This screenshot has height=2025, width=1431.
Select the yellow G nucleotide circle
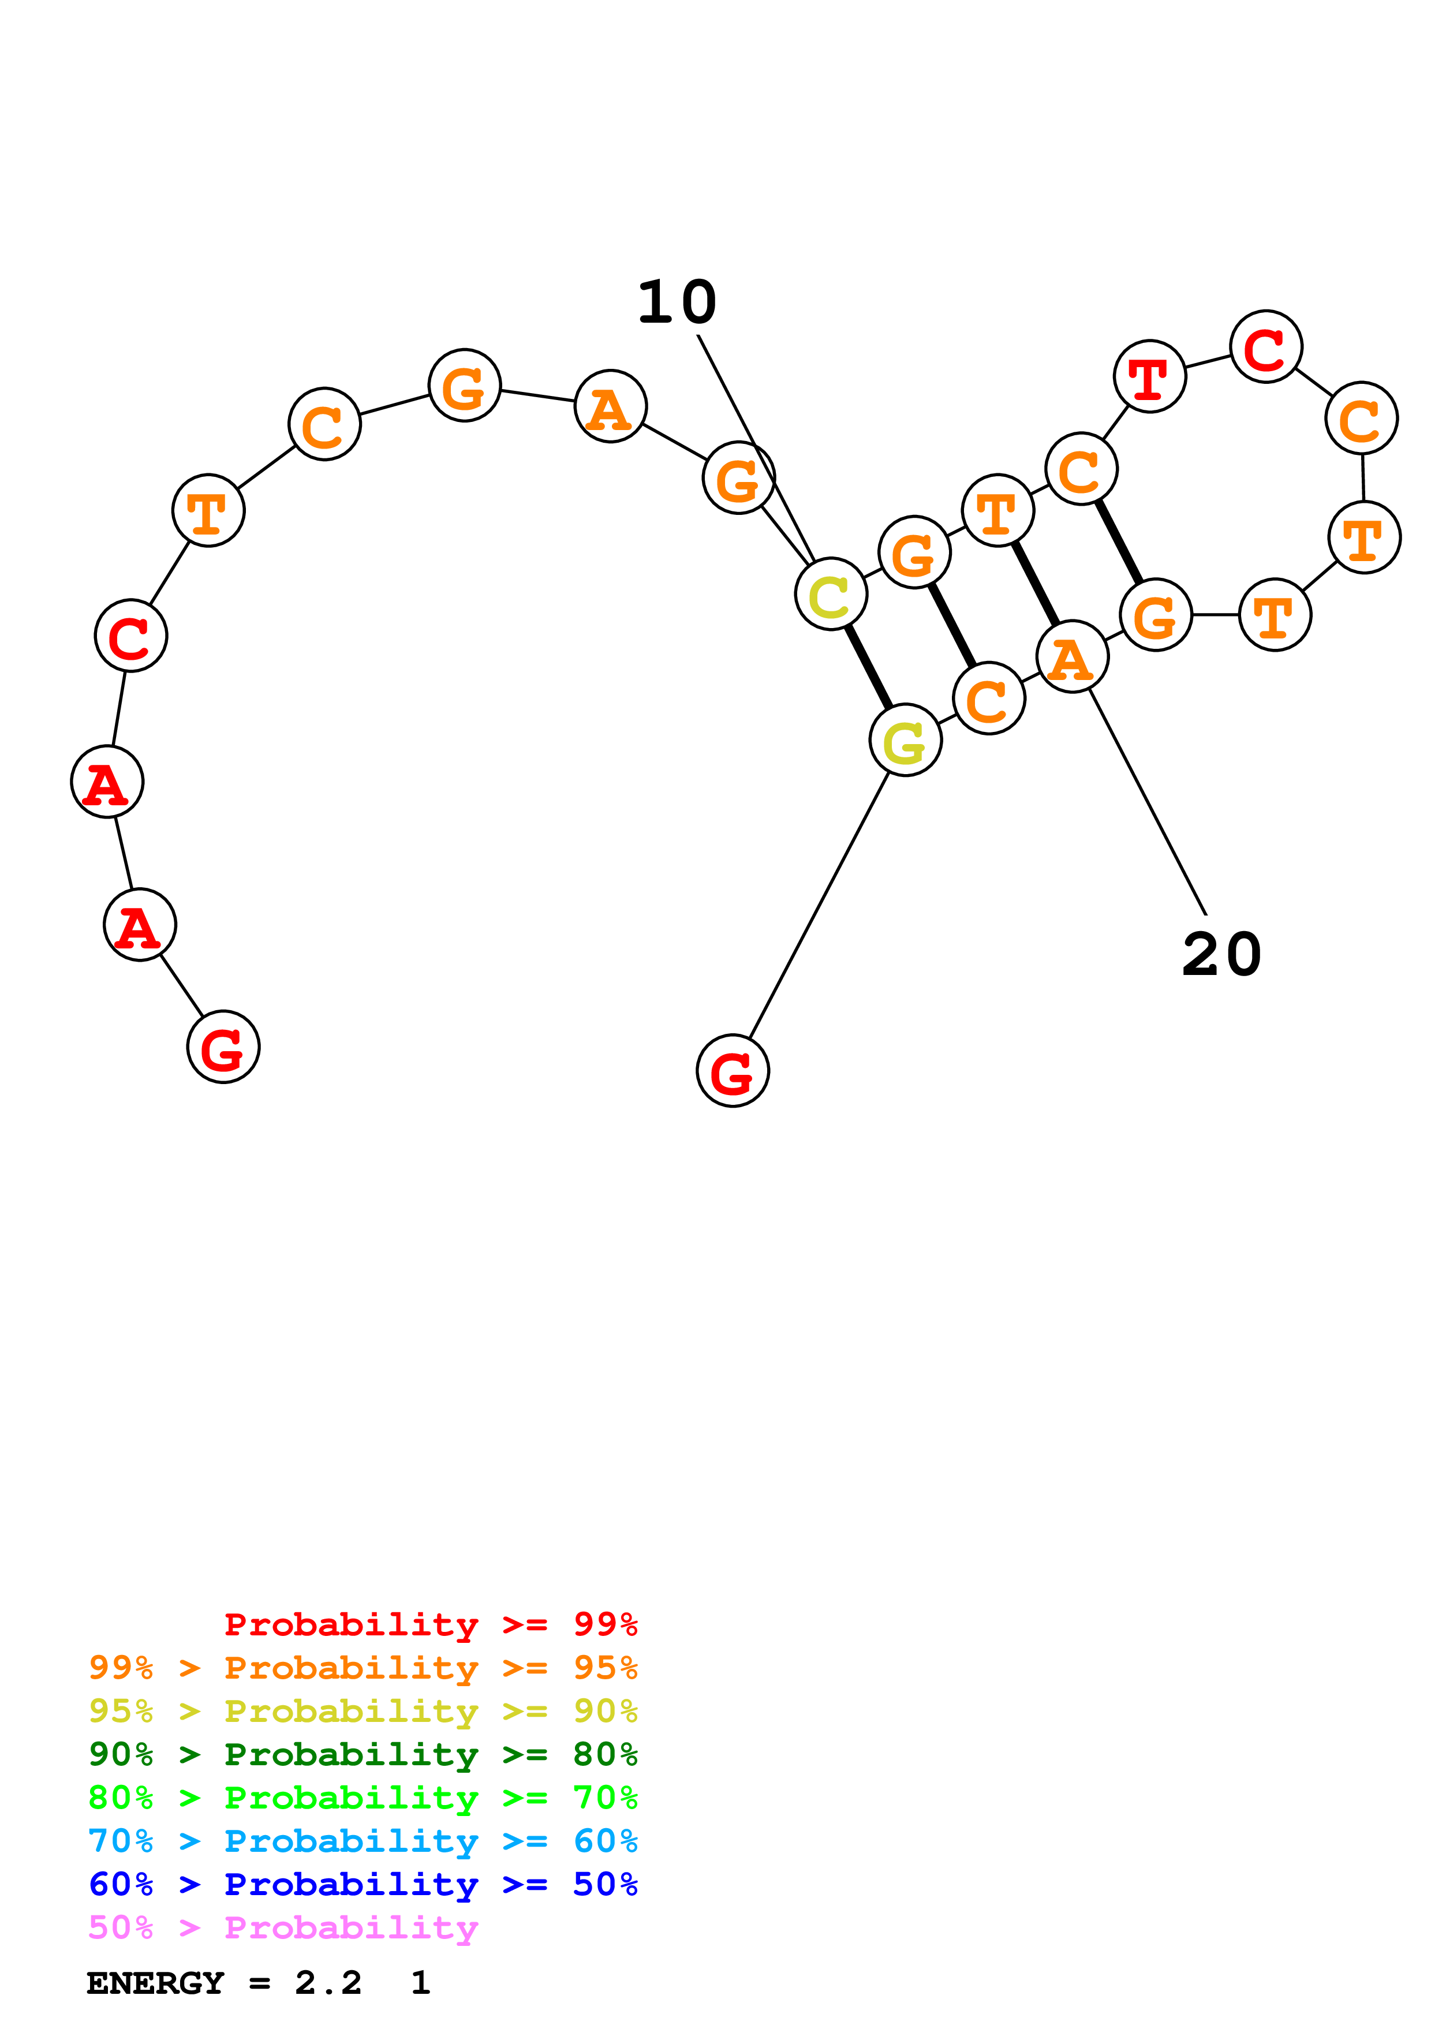906,740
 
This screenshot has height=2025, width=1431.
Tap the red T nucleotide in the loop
1150,376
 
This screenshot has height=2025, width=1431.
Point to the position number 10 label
677,302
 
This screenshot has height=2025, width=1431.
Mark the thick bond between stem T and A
1035,584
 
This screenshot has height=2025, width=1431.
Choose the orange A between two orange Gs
610,406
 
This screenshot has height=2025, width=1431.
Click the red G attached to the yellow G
733,1071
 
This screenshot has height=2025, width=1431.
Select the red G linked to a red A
223,1047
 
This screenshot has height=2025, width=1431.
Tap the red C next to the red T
1266,346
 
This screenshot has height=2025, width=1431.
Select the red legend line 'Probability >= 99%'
430,1624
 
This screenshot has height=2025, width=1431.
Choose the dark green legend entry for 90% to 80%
363,1754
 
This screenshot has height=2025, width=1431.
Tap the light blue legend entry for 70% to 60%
363,1841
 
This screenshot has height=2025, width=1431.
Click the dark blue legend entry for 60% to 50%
363,1884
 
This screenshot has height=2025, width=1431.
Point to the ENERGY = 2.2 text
225,1983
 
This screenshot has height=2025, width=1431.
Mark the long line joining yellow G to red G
818,906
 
